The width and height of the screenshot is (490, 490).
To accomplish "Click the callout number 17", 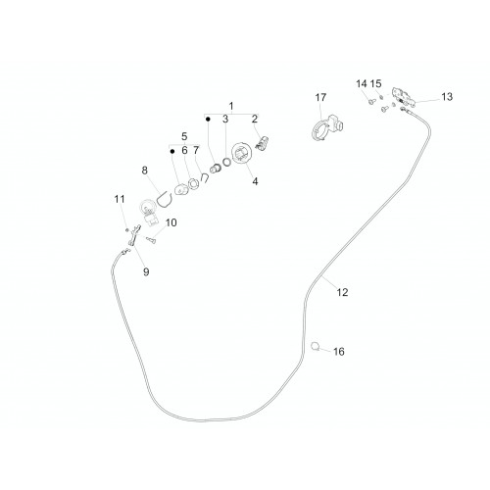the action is tap(320, 97).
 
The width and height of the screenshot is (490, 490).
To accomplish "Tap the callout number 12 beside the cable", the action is tap(342, 292).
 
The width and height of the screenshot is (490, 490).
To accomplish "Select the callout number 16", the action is tap(339, 352).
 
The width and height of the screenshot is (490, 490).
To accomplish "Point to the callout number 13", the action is tap(447, 97).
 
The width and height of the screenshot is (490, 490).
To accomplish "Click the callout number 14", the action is tap(362, 84).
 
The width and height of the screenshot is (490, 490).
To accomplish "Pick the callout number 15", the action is tap(375, 84).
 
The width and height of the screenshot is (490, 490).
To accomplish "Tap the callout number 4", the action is tap(255, 181).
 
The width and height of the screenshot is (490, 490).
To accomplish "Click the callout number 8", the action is tap(144, 171).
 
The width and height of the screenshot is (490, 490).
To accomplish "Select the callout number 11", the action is tap(120, 199).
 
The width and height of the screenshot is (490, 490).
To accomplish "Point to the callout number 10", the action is tap(171, 222).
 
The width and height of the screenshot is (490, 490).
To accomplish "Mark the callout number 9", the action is tap(146, 271).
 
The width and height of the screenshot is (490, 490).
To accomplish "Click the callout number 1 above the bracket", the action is tap(231, 106).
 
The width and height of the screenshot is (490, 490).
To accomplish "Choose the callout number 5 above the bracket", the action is tap(184, 136).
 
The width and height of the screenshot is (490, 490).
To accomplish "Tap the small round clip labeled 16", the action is tap(316, 346).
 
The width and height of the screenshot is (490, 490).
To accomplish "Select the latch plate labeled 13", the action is tap(404, 96).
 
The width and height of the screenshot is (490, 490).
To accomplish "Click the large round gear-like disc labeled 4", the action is tap(242, 153).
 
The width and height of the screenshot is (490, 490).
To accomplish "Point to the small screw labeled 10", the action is tap(152, 240).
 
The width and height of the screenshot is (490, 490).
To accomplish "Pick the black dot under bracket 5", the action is tap(172, 151).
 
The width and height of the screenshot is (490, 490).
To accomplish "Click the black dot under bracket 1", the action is tap(208, 120).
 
